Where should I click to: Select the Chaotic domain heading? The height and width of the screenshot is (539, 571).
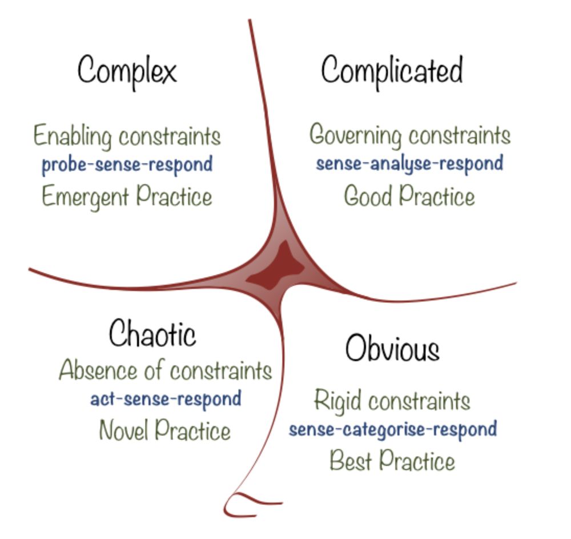click(x=152, y=333)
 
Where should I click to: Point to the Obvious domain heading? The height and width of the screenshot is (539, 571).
click(x=392, y=348)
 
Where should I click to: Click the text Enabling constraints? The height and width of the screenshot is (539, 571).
click(x=127, y=136)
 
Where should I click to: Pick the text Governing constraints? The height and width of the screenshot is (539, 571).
click(x=410, y=135)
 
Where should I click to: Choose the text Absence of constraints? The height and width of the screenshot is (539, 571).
click(x=166, y=370)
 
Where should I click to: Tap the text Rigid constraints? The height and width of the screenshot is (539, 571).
click(x=392, y=401)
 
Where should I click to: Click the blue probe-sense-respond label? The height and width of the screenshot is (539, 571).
click(x=127, y=165)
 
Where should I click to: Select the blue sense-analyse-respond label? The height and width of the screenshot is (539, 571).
click(x=409, y=163)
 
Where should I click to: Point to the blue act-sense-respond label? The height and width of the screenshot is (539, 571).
click(x=166, y=399)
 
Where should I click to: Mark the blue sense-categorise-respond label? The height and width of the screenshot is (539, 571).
click(x=393, y=429)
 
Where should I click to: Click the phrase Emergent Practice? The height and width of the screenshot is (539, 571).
click(x=127, y=197)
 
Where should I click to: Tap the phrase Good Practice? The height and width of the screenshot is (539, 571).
click(x=409, y=196)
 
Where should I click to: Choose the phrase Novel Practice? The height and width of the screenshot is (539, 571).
click(x=165, y=430)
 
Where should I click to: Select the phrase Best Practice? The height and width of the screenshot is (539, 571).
click(x=392, y=461)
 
